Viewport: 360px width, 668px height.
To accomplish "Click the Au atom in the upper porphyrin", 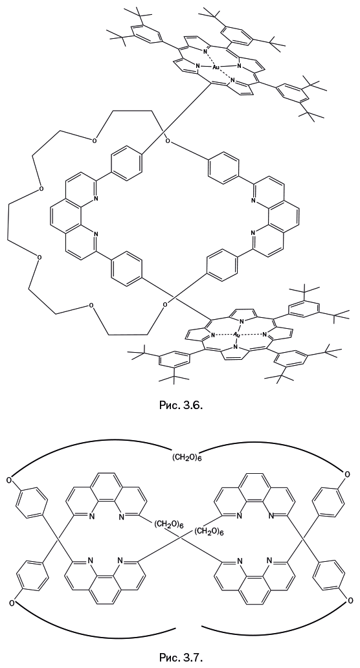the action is [x=216, y=67].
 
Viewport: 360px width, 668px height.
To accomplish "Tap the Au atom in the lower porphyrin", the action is [x=237, y=335].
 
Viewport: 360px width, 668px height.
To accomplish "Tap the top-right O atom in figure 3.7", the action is [x=347, y=474].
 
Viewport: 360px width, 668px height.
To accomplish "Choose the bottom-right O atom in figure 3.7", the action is [x=350, y=601].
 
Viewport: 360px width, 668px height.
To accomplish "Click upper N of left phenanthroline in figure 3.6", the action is [x=95, y=198].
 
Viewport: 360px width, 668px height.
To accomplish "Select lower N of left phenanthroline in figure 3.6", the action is [x=95, y=234].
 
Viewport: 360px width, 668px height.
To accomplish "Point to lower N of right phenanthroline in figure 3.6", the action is [x=254, y=232].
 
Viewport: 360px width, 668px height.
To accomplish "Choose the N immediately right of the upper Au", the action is [x=240, y=65].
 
